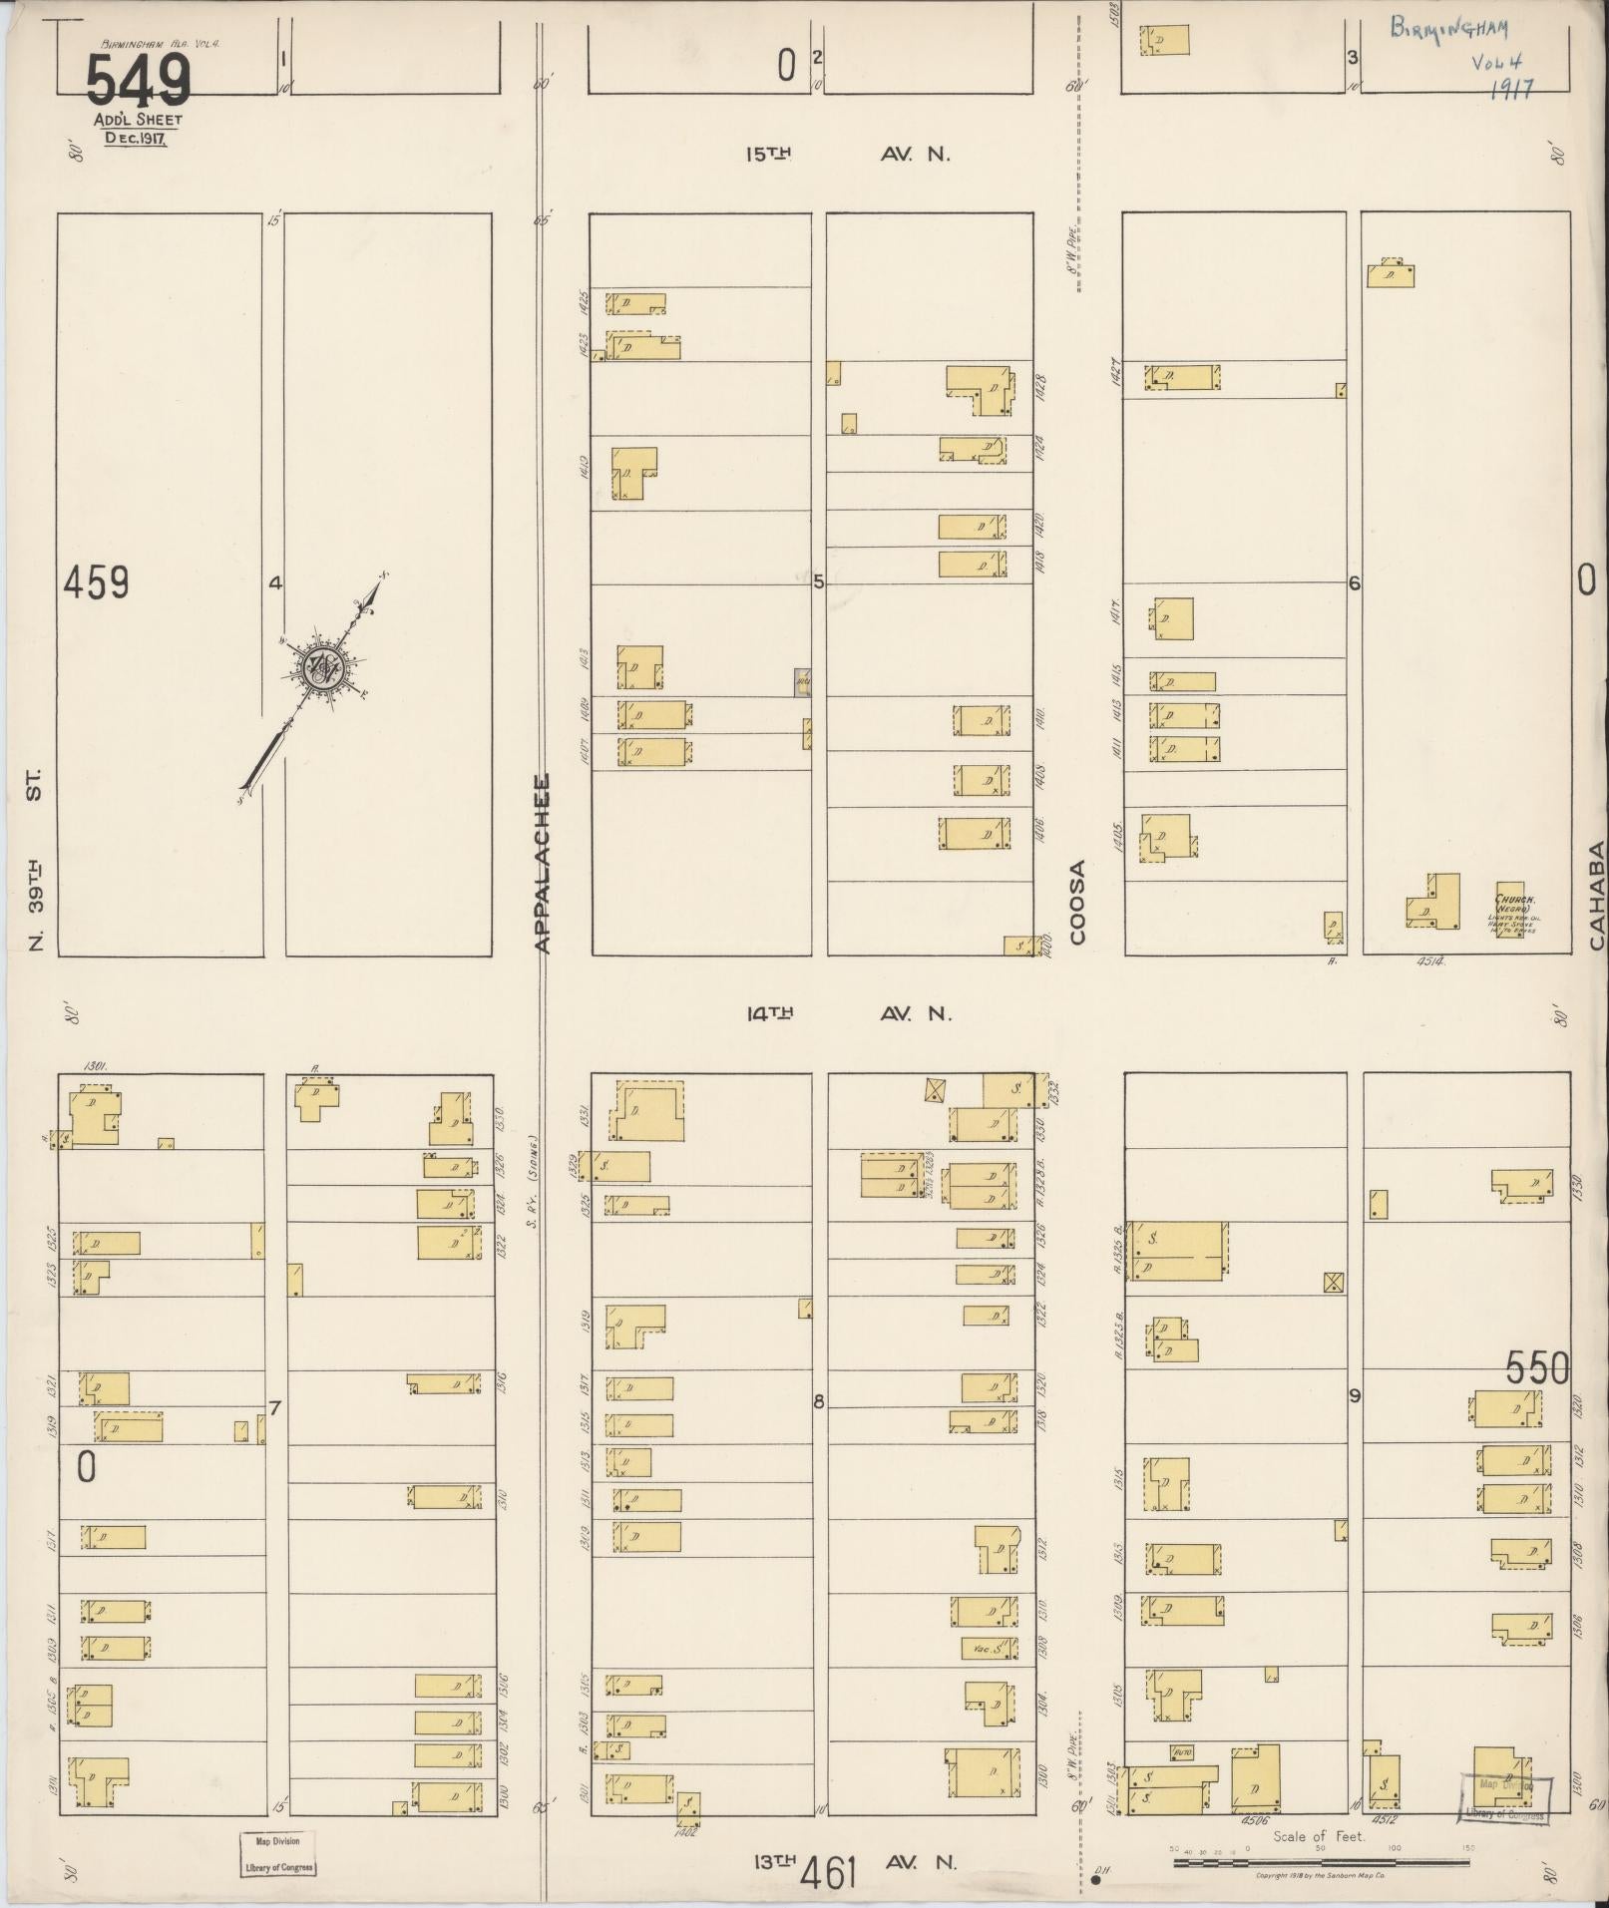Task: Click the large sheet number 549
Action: (138, 80)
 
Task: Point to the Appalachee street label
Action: (544, 864)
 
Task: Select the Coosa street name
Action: (1077, 902)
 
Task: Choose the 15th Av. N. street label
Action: (849, 154)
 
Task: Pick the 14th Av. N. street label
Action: (849, 1013)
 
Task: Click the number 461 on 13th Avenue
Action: (827, 1875)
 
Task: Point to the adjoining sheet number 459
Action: (96, 582)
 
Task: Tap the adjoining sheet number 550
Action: (1537, 1368)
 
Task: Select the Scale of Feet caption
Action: (1318, 1836)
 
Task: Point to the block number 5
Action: (819, 581)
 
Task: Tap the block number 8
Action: (819, 1401)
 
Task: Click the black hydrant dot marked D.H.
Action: (1095, 1881)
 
